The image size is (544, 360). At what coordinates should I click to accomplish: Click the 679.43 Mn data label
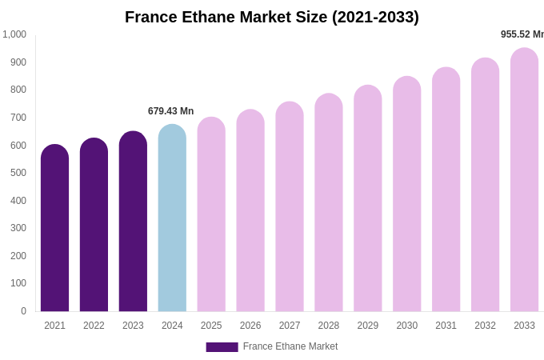pyautogui.click(x=170, y=111)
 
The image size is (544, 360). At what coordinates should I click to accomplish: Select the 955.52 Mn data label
pyautogui.click(x=522, y=34)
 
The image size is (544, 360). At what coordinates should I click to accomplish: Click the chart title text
pyautogui.click(x=272, y=17)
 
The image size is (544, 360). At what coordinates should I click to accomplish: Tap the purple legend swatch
pyautogui.click(x=222, y=347)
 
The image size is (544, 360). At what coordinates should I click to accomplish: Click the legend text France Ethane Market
pyautogui.click(x=290, y=346)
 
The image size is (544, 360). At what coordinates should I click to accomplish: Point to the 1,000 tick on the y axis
pyautogui.click(x=14, y=34)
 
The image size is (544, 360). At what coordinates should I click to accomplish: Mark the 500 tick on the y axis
pyautogui.click(x=18, y=173)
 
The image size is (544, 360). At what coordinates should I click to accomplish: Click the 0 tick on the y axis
pyautogui.click(x=23, y=311)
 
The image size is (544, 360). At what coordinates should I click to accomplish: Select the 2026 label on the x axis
pyautogui.click(x=250, y=326)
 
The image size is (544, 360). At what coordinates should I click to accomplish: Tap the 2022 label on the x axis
pyautogui.click(x=94, y=326)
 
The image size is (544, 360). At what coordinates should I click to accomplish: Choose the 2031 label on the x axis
pyautogui.click(x=446, y=326)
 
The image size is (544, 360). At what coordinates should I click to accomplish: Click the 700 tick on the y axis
pyautogui.click(x=18, y=118)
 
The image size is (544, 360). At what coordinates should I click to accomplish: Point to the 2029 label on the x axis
pyautogui.click(x=368, y=326)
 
